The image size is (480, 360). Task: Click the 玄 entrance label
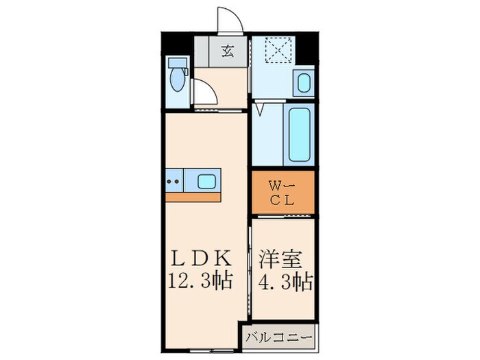click(226, 51)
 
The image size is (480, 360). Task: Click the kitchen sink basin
click(207, 182)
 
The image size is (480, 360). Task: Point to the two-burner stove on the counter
click(174, 182)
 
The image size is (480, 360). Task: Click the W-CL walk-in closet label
click(282, 193)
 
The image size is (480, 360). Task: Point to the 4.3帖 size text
click(285, 280)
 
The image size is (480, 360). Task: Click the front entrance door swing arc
click(230, 19)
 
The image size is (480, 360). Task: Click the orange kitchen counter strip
click(193, 197)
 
